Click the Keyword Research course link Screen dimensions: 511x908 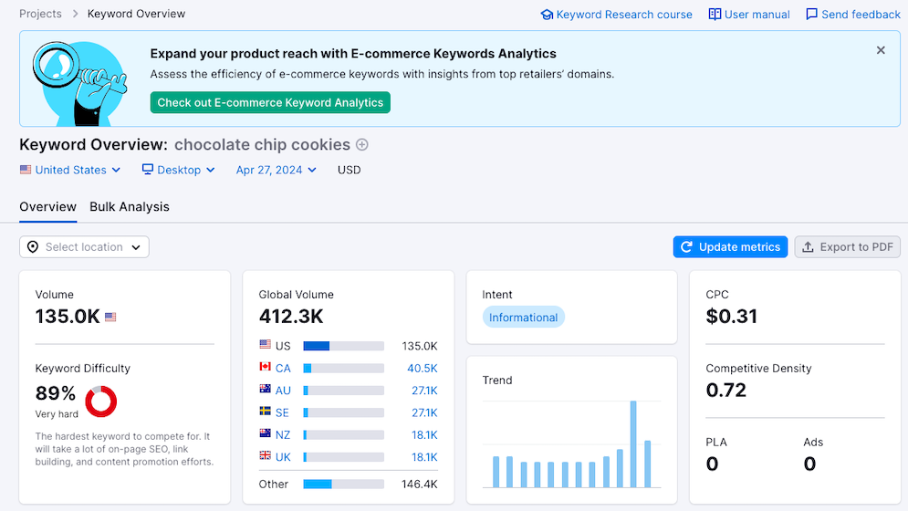(x=616, y=15)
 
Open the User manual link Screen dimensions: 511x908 (x=749, y=15)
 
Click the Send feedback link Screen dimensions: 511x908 (x=852, y=15)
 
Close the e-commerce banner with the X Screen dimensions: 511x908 (x=881, y=51)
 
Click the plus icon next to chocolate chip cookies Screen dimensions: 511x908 (x=362, y=144)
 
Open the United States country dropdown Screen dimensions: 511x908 (x=70, y=170)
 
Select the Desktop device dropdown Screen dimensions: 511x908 (x=179, y=170)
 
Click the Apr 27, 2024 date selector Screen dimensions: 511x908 (x=276, y=170)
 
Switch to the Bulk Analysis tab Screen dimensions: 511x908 (x=130, y=207)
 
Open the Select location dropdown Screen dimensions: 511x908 (x=84, y=247)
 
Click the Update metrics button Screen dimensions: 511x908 (x=730, y=247)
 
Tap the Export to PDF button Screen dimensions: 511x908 (x=847, y=247)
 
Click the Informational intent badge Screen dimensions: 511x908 (x=524, y=318)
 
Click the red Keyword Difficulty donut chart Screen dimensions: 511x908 (x=100, y=401)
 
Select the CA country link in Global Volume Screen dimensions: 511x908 (x=283, y=369)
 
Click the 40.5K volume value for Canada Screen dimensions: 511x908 (x=423, y=369)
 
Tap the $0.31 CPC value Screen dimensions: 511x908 (x=732, y=318)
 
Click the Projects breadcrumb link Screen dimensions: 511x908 (x=40, y=14)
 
